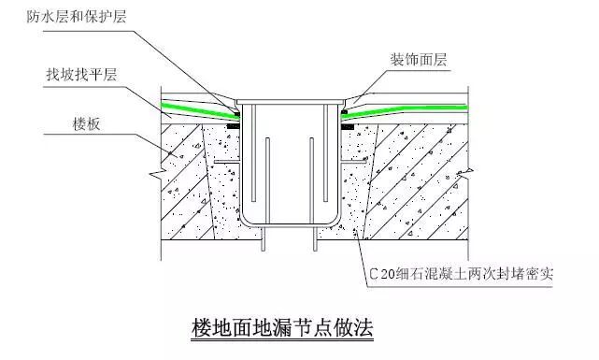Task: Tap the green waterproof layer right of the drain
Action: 392,111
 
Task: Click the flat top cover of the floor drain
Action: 290,100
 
